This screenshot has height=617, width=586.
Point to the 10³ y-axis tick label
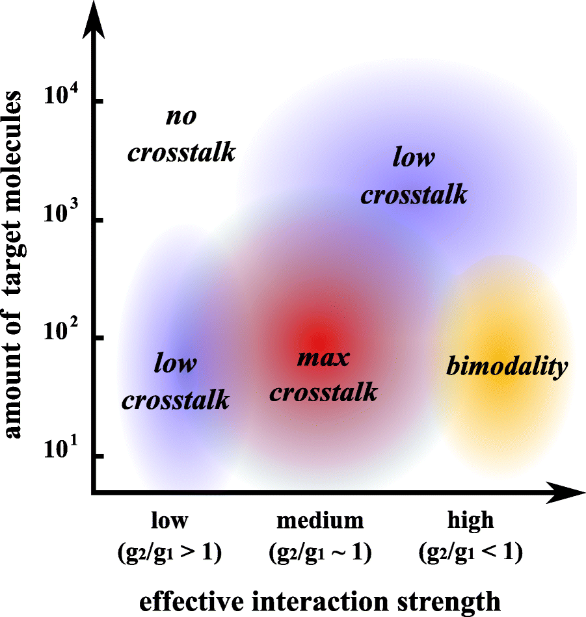pos(62,215)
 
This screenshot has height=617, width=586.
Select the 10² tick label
pos(62,333)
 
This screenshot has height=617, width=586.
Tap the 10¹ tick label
pos(62,451)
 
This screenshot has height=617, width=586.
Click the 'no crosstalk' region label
pos(181,135)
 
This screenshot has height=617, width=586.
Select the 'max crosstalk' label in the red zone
pos(323,375)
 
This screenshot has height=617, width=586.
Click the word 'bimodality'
pos(507,367)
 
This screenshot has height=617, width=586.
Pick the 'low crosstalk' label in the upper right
pos(414,176)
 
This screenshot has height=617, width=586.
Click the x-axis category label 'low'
pos(170,520)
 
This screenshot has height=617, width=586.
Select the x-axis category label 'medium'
pos(320,520)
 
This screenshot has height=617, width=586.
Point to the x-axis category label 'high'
pos(470,520)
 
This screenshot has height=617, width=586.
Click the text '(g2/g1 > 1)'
pos(170,553)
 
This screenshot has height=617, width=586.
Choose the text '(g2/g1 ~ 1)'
pos(320,553)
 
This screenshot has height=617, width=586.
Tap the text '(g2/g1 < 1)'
pos(470,553)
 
